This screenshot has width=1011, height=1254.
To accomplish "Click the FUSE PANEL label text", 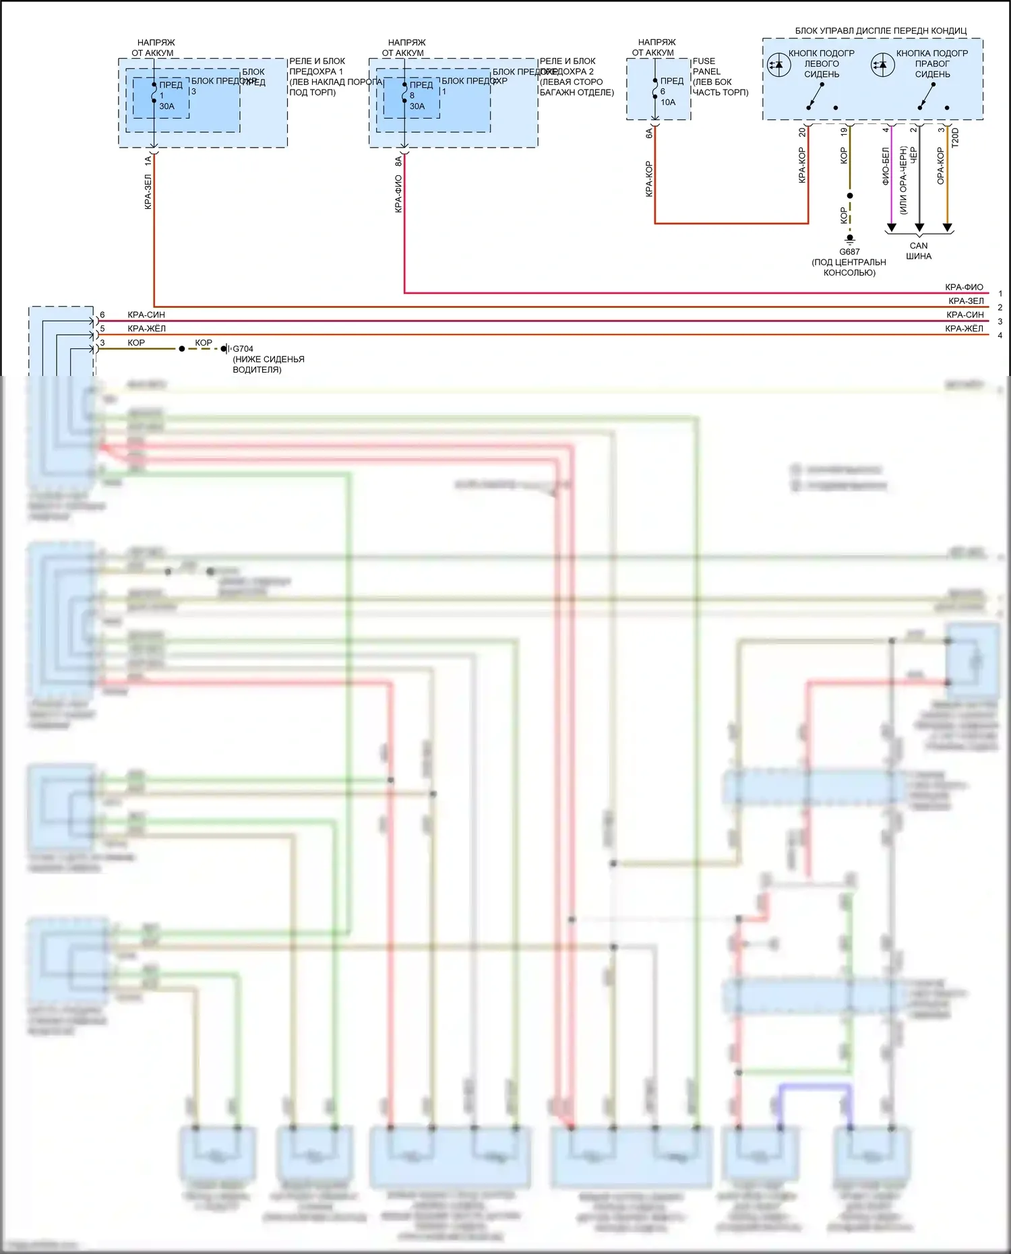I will (704, 66).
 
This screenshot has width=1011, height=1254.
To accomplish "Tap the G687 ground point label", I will (849, 252).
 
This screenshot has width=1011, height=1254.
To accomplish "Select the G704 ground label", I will (243, 349).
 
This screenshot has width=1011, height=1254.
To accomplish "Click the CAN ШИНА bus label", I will (919, 251).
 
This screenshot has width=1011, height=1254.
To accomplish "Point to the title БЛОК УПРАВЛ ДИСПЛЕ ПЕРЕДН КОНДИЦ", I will (880, 31).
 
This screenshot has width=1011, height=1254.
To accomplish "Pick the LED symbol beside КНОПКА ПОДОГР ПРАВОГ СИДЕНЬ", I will (882, 65).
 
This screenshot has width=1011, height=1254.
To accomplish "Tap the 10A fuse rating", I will (667, 102).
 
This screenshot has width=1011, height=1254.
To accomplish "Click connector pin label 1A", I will (148, 161).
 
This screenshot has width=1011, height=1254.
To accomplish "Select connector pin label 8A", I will (398, 161).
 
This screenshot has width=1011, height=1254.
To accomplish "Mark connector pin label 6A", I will (649, 133).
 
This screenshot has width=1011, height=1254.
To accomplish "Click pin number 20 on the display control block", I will (802, 132).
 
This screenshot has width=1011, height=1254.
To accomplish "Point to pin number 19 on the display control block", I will (843, 132).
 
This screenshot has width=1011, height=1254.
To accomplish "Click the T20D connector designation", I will (955, 137).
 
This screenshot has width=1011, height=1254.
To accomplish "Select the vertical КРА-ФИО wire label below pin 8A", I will (398, 194).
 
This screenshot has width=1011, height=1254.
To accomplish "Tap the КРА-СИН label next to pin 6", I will (146, 315).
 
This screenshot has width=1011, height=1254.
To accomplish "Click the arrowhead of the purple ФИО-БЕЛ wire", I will (891, 228).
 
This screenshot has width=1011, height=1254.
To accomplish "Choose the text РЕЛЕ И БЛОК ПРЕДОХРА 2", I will (567, 66).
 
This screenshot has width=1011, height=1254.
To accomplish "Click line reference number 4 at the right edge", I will (1000, 336).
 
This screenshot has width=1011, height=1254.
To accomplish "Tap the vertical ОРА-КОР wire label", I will (940, 166).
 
